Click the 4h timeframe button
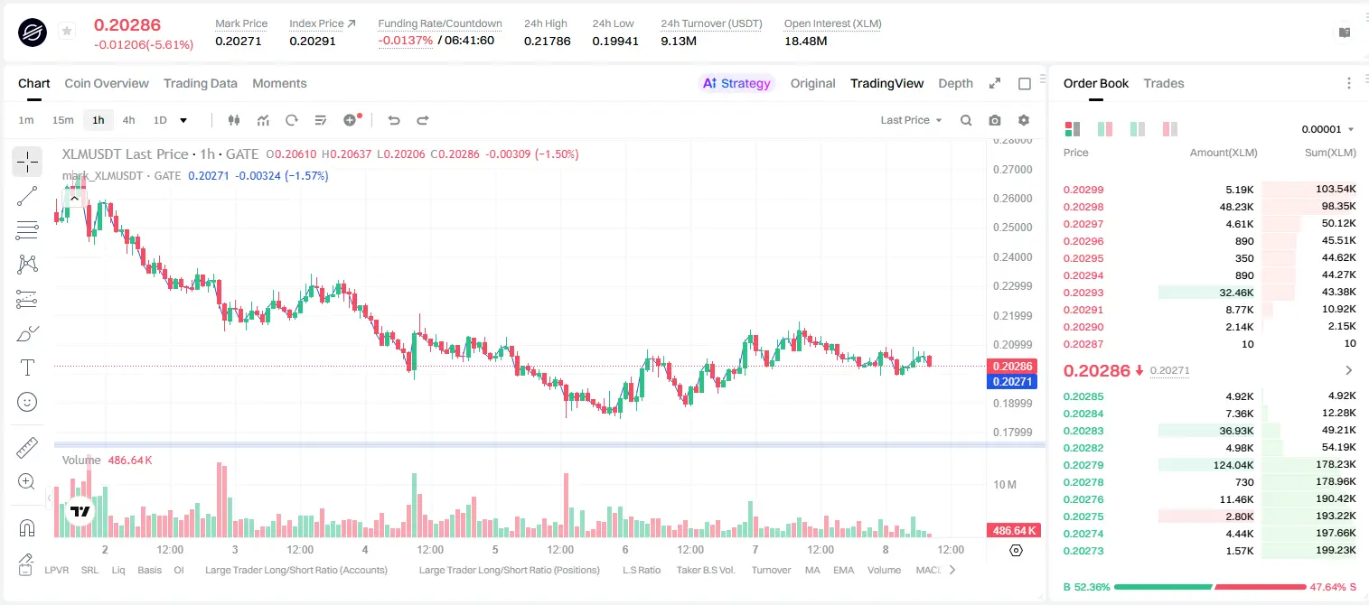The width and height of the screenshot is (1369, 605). (x=128, y=120)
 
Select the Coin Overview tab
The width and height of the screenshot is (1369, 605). (x=107, y=83)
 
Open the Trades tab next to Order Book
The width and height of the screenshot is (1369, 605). (x=1164, y=83)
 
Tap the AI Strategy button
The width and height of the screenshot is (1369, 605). (x=736, y=83)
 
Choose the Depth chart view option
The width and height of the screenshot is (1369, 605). (x=955, y=83)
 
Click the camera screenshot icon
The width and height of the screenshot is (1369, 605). (x=995, y=120)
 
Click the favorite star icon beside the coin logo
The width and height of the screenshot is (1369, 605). (x=67, y=31)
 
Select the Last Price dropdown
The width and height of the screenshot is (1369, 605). (x=911, y=120)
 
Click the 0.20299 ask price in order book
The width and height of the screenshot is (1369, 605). (x=1083, y=190)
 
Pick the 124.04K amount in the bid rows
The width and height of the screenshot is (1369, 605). (x=1233, y=465)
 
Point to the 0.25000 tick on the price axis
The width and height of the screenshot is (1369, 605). (x=1012, y=228)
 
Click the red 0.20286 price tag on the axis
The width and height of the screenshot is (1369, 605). (x=1012, y=367)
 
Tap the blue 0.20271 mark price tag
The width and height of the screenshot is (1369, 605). (x=1012, y=382)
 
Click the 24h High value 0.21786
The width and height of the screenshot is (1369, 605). (x=547, y=41)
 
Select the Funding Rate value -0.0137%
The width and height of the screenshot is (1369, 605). (x=405, y=41)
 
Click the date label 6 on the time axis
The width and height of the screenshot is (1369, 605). (x=625, y=549)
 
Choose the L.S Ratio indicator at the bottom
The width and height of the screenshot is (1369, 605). (x=641, y=570)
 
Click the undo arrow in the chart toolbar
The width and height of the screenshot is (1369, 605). (x=394, y=120)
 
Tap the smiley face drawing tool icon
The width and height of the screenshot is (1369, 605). (x=27, y=402)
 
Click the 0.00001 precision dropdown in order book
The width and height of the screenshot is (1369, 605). (x=1327, y=129)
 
